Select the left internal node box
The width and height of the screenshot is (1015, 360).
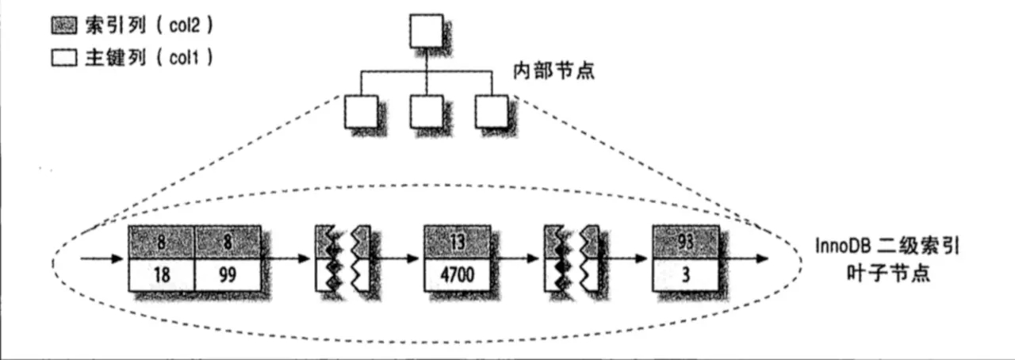coord(362,112)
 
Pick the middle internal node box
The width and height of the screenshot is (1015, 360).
coord(427,112)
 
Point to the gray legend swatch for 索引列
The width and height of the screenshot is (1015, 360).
coord(64,27)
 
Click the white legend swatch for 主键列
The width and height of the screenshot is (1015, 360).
coord(64,59)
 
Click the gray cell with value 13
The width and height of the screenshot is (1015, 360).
coord(458,242)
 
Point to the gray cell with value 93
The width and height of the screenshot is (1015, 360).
coord(686,242)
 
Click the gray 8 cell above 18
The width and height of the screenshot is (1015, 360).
coord(161,242)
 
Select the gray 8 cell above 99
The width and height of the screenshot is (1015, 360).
coord(228,242)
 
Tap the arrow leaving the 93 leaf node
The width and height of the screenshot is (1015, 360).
coord(745,259)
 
